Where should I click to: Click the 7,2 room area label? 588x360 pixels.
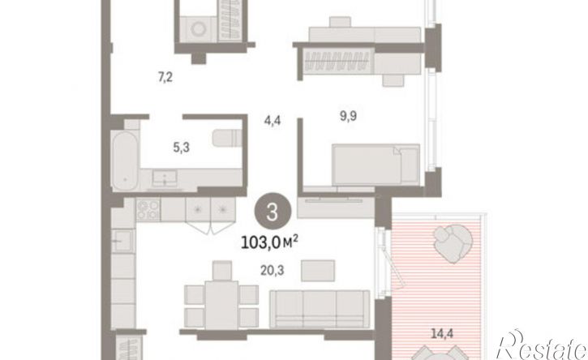(165, 78)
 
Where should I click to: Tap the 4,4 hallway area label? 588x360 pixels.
(273, 121)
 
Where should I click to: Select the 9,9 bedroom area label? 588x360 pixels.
(349, 116)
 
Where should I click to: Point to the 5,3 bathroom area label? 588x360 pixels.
(181, 148)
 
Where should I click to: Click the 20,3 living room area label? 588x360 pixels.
(273, 270)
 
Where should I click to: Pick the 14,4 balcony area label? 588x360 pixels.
(442, 333)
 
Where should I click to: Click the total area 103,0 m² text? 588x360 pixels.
(269, 242)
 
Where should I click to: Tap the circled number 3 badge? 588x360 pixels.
(273, 212)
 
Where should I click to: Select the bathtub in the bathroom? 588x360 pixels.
(125, 161)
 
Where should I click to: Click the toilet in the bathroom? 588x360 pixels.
(227, 138)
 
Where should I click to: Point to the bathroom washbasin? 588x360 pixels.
(165, 178)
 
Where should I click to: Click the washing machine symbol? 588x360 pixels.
(198, 29)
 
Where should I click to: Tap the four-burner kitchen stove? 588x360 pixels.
(148, 210)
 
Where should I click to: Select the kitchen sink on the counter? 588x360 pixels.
(122, 241)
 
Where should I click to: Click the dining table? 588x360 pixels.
(221, 304)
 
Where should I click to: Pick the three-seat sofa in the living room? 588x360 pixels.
(320, 309)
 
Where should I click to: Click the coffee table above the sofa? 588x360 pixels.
(318, 270)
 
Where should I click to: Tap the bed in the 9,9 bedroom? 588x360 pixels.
(376, 165)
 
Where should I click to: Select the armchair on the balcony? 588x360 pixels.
(453, 243)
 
